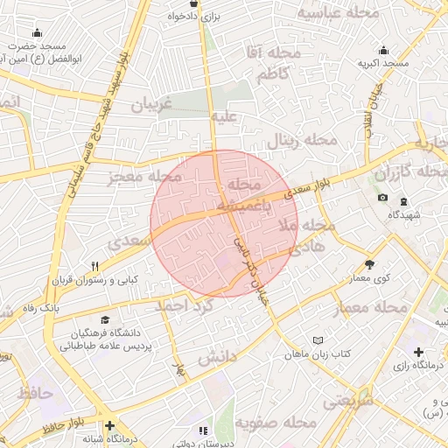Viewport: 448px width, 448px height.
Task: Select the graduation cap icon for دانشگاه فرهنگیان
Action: coord(106,320)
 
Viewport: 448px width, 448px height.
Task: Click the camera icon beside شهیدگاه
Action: coord(382,198)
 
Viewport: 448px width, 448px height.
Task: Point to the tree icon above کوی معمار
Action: coord(369,264)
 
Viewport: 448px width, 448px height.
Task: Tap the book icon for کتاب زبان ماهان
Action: coord(318,340)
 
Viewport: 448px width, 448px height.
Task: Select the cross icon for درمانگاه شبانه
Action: coord(108,423)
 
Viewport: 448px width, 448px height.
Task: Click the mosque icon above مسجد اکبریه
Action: coord(382,49)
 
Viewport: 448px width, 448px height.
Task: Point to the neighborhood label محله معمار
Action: coord(371,309)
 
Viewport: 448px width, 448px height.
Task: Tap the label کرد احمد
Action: coord(185,306)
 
